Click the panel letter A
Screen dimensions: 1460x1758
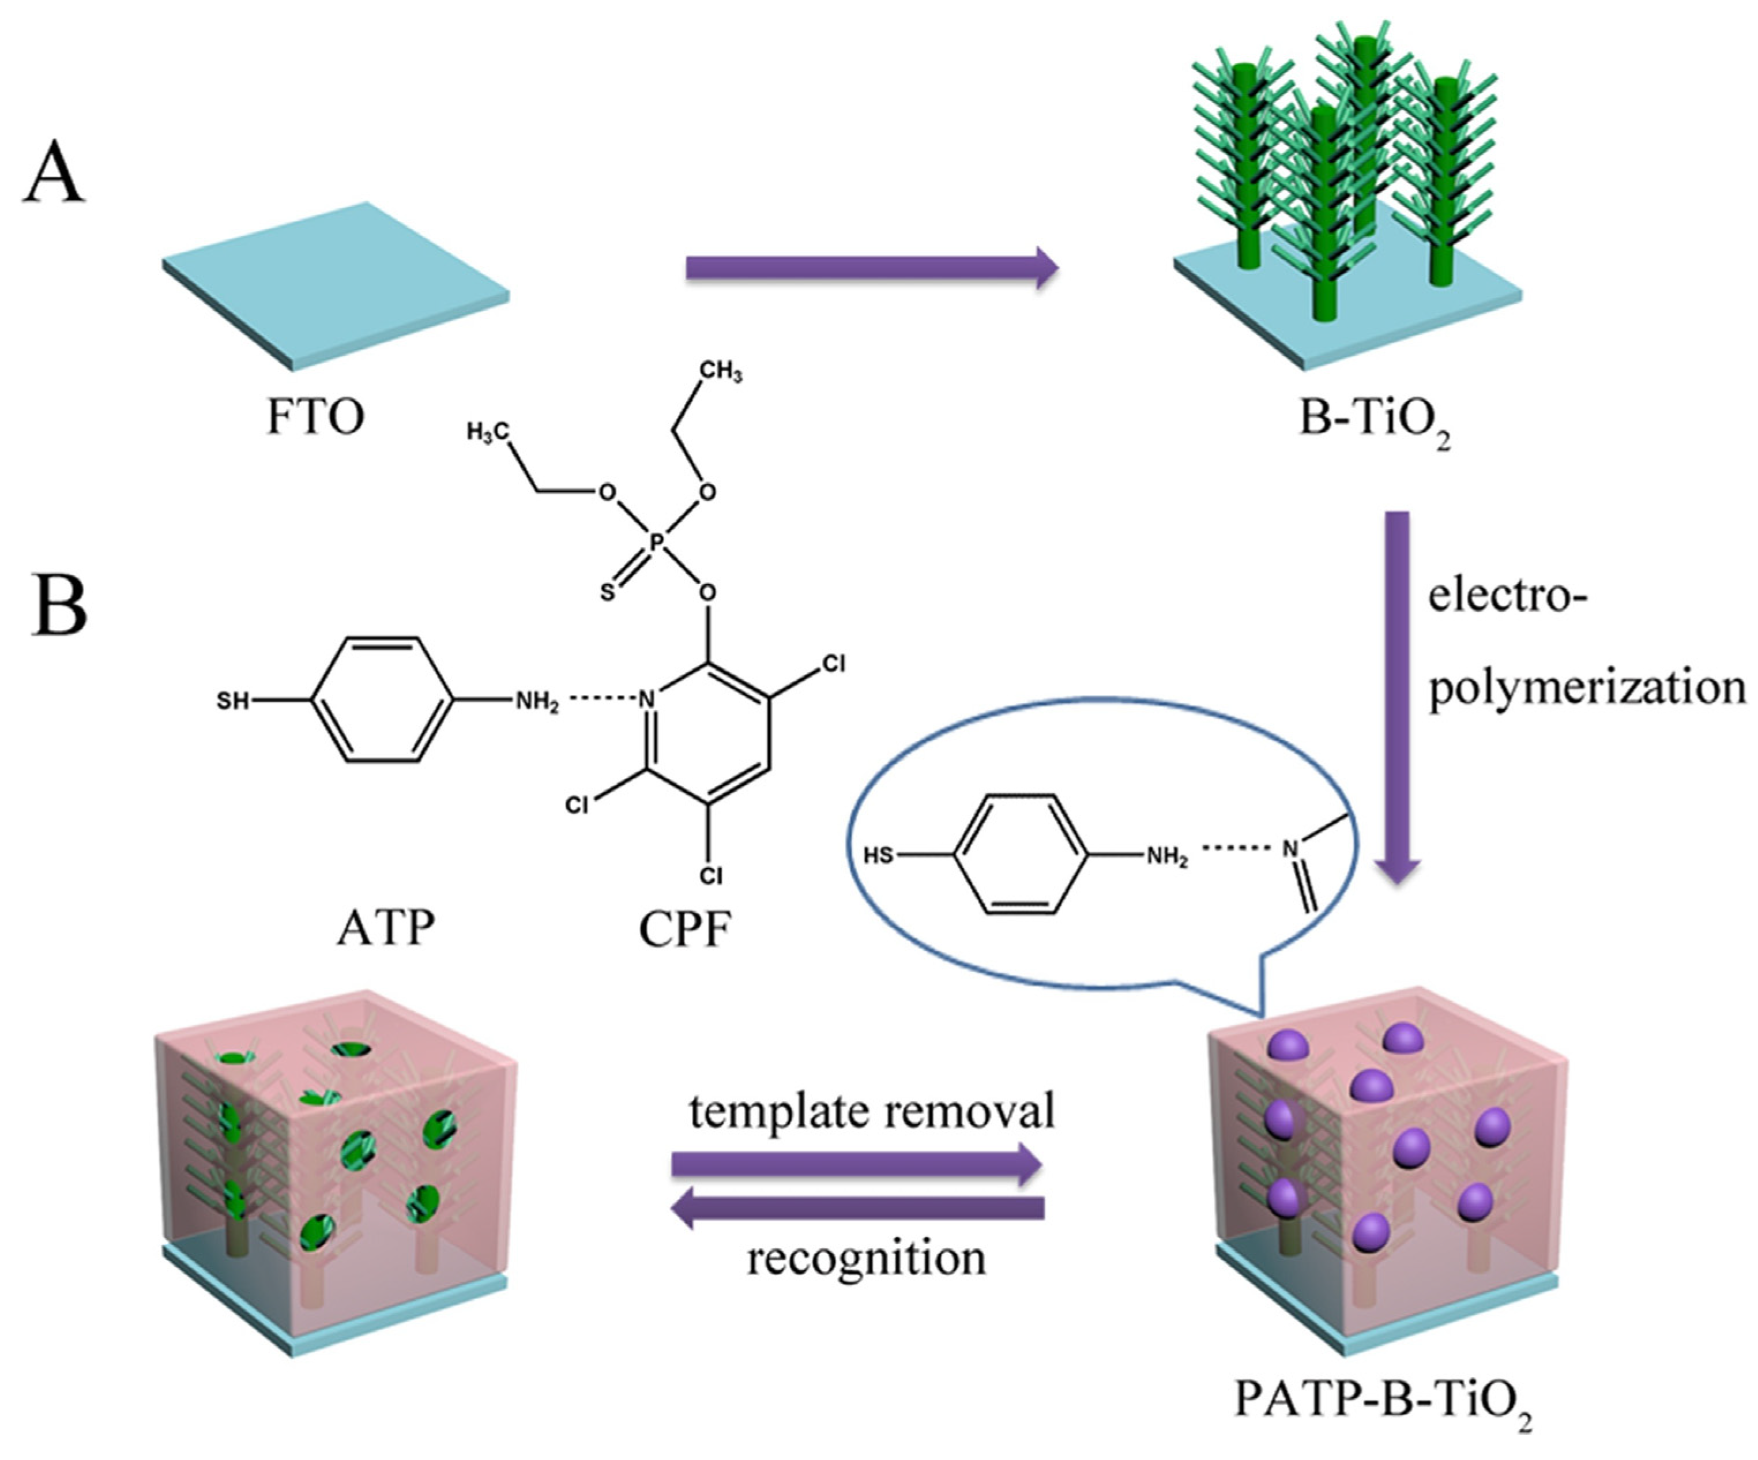(54, 174)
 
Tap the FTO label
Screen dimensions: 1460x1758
(315, 416)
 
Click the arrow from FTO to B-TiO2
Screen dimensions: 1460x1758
(871, 268)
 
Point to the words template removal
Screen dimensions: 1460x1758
(871, 1112)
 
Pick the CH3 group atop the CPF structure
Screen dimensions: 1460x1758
(720, 371)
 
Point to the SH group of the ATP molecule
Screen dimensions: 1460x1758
(233, 700)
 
